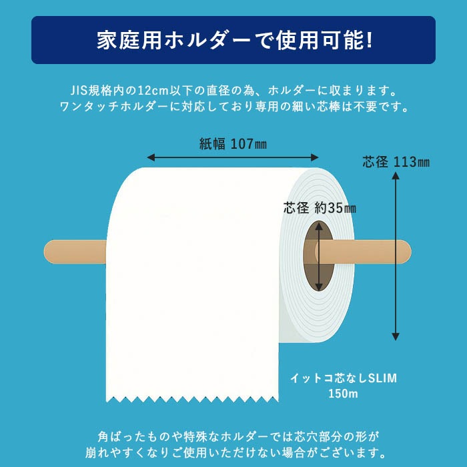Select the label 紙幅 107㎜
[233, 143]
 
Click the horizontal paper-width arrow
[233, 157]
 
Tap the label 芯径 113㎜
[396, 162]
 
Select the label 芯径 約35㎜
[320, 208]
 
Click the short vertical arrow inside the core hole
[320, 256]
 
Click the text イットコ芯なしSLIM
[343, 378]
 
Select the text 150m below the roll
[343, 394]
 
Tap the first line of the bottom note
[233, 436]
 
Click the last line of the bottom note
[233, 454]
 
